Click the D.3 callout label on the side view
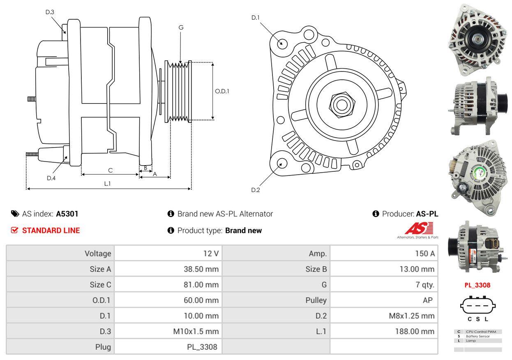[x=50, y=12]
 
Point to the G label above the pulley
[x=181, y=28]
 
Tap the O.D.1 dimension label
[x=222, y=91]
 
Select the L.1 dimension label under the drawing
[x=107, y=184]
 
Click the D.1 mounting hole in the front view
[x=282, y=43]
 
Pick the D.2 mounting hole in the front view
[x=281, y=163]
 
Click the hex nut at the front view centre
[x=341, y=104]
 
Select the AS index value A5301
[x=67, y=214]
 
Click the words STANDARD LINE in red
[x=51, y=231]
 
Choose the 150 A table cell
[x=425, y=254]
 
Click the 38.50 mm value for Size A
[x=201, y=269]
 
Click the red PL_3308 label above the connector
[x=477, y=285]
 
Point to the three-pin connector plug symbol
[x=477, y=305]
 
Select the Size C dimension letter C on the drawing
[x=110, y=170]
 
